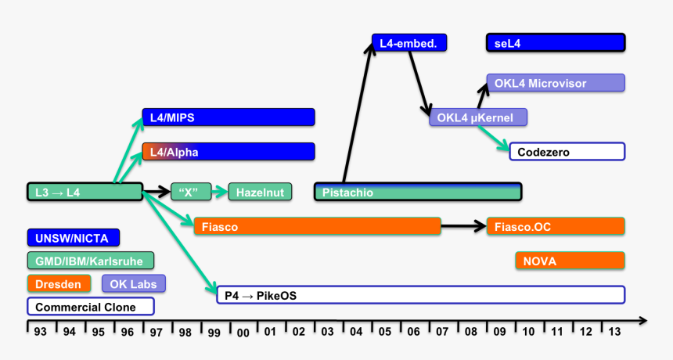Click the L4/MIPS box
coord(228,117)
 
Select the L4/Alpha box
coord(228,151)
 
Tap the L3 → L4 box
coord(84,191)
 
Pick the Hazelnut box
coord(260,191)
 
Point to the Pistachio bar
coord(418,192)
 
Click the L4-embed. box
coord(408,43)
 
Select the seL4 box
coord(556,43)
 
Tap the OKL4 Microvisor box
coord(556,83)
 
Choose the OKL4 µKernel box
coord(477,117)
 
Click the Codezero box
coord(567,151)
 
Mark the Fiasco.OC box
coord(556,227)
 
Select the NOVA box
coord(570,261)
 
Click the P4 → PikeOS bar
coord(420,295)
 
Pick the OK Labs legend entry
coord(133,283)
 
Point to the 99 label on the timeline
coord(214,332)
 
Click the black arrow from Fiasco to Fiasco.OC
coord(462,227)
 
